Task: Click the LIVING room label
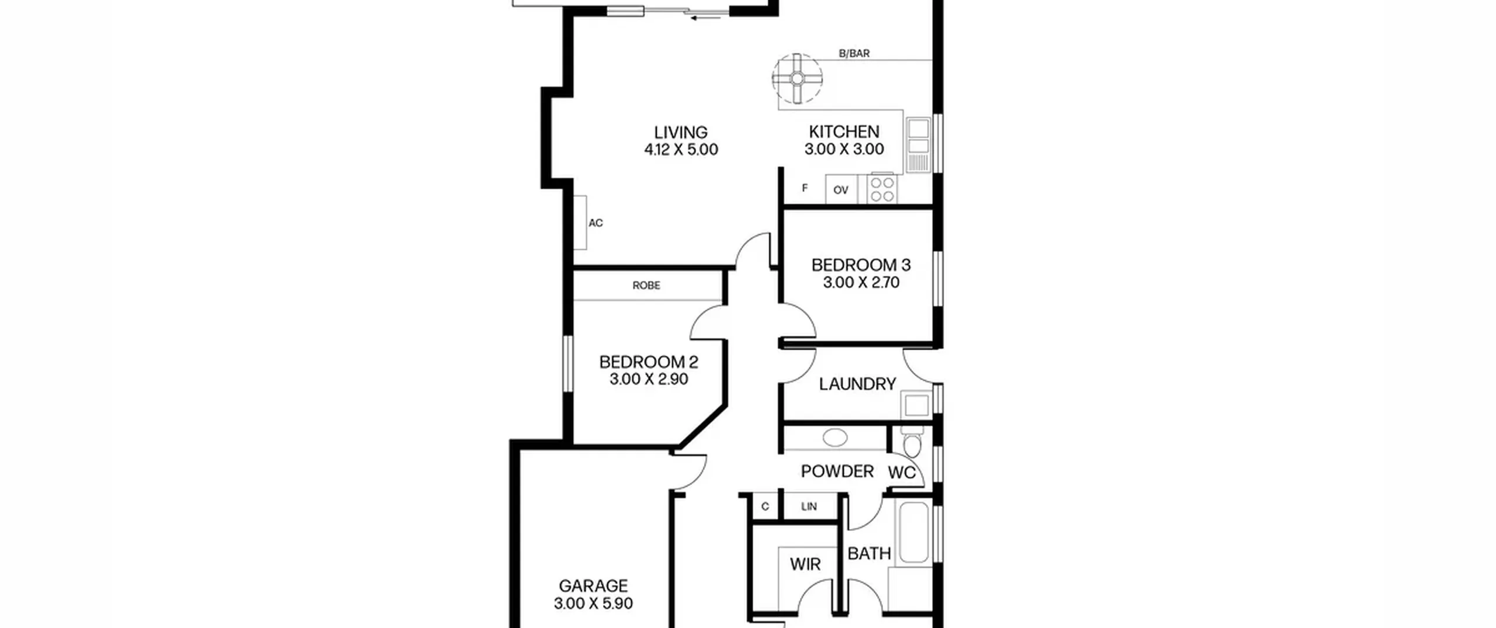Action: pyautogui.click(x=681, y=133)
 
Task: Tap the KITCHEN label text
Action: pyautogui.click(x=844, y=132)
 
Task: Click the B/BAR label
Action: pyautogui.click(x=854, y=54)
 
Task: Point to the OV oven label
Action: pyautogui.click(x=841, y=190)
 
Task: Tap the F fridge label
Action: pyautogui.click(x=805, y=188)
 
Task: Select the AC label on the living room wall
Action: pyautogui.click(x=595, y=223)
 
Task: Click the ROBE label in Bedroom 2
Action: pyautogui.click(x=646, y=286)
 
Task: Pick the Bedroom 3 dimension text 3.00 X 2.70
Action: pyautogui.click(x=861, y=283)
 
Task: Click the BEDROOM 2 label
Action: pyautogui.click(x=649, y=362)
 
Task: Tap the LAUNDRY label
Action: pyautogui.click(x=857, y=384)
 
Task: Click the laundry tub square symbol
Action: pyautogui.click(x=916, y=405)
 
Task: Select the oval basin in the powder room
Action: pyautogui.click(x=835, y=438)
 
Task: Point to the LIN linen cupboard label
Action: pyautogui.click(x=809, y=506)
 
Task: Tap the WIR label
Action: pyautogui.click(x=805, y=564)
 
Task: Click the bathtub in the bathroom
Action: pyautogui.click(x=913, y=532)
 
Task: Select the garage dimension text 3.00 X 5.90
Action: pyautogui.click(x=593, y=603)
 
